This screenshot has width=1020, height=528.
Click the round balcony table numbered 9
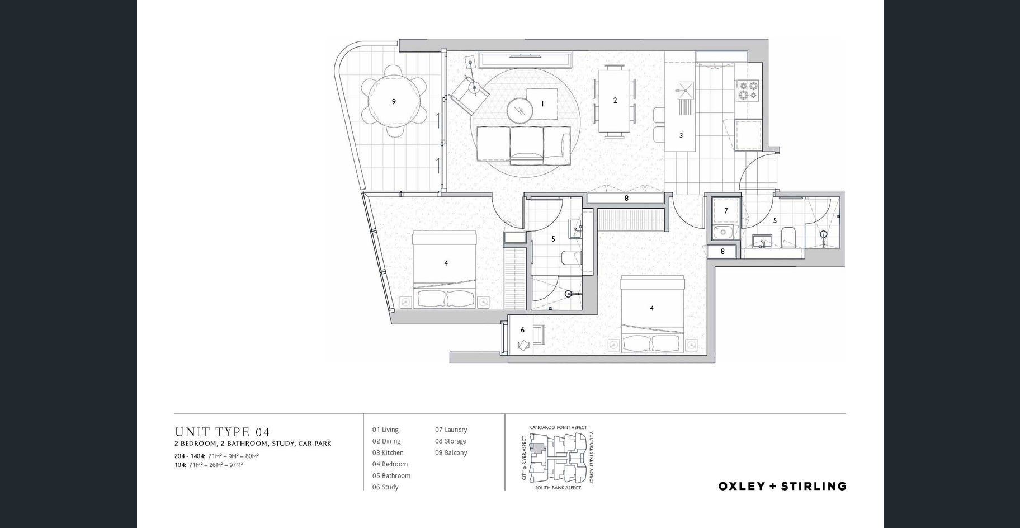pyautogui.click(x=394, y=102)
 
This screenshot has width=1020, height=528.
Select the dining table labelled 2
pyautogui.click(x=615, y=101)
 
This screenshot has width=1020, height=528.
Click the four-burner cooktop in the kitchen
pyautogui.click(x=747, y=90)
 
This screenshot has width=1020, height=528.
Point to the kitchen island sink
pyautogui.click(x=684, y=89)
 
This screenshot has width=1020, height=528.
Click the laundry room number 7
pyautogui.click(x=726, y=211)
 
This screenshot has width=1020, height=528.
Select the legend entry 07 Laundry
pyautogui.click(x=451, y=430)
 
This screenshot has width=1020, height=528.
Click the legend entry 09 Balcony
pyautogui.click(x=451, y=452)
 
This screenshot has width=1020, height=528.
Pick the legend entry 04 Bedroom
pyautogui.click(x=390, y=464)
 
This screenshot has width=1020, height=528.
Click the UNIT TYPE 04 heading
pyautogui.click(x=222, y=432)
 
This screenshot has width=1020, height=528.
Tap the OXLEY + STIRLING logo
pyautogui.click(x=782, y=486)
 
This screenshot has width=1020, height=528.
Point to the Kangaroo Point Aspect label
pyautogui.click(x=558, y=427)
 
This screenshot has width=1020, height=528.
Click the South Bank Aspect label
pyautogui.click(x=558, y=488)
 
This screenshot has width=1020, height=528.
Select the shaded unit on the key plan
pyautogui.click(x=537, y=448)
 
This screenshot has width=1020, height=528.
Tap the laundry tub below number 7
pyautogui.click(x=725, y=232)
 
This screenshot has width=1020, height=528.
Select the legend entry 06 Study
pyautogui.click(x=385, y=487)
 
